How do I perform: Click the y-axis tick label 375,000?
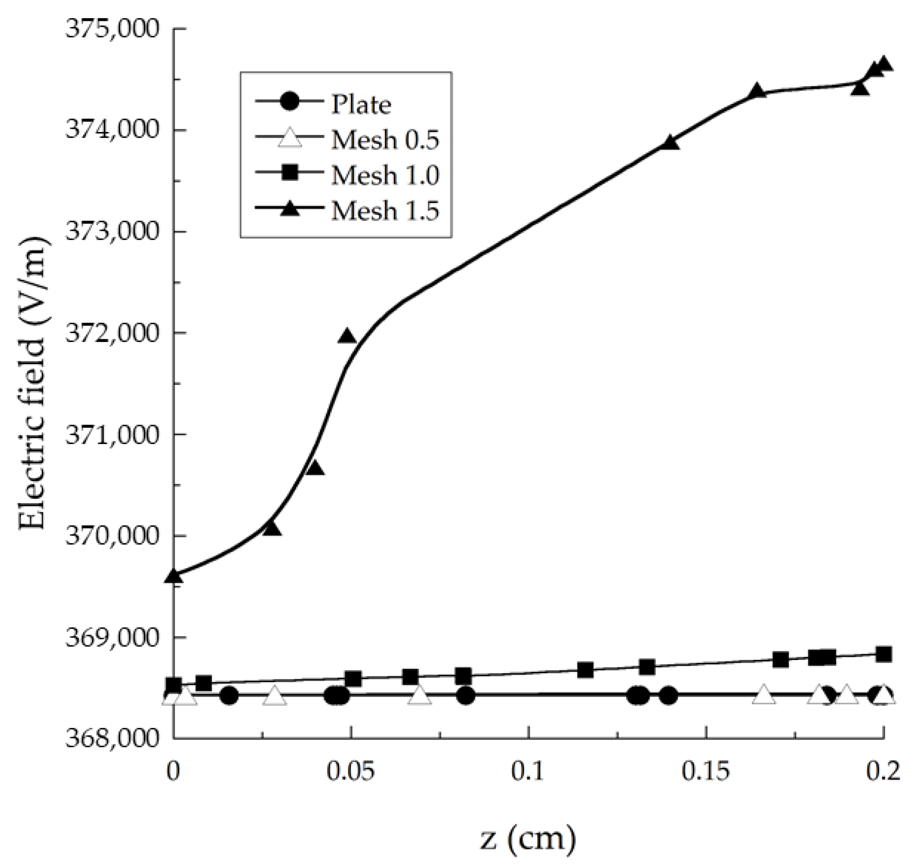(x=112, y=28)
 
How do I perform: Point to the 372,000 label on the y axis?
(x=112, y=333)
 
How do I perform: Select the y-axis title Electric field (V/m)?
(x=32, y=383)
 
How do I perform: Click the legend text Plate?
(x=361, y=104)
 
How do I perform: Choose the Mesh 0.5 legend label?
(x=385, y=139)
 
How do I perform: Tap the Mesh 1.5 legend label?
(x=385, y=211)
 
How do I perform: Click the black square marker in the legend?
(x=290, y=175)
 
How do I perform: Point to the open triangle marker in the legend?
(x=290, y=139)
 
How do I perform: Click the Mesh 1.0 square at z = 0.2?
(x=883, y=654)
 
